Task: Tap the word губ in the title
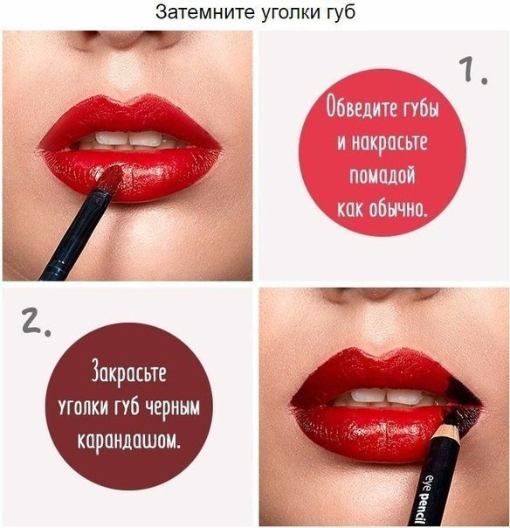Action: (338, 14)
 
